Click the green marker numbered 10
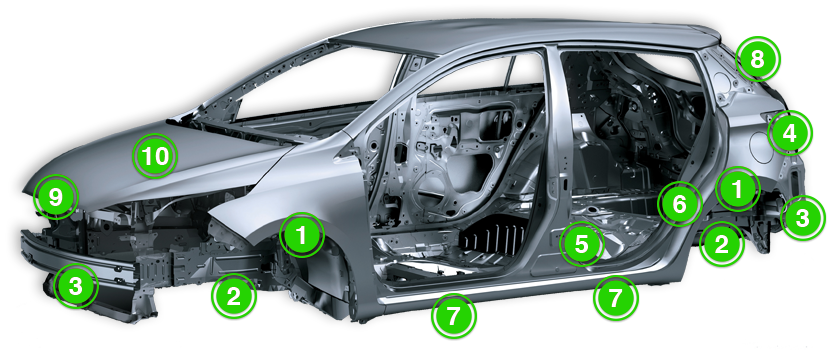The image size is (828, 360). point(155,156)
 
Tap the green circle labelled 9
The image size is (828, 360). point(55,198)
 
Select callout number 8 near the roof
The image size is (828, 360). point(757,59)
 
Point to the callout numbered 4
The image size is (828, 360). point(789,134)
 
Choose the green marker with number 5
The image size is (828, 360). point(581,244)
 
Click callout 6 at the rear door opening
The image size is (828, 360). point(680,204)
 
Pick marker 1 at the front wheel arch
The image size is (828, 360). point(302,235)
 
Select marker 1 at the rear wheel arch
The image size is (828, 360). point(738,189)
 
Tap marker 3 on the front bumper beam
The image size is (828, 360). point(76,286)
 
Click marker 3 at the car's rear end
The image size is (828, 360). point(803,217)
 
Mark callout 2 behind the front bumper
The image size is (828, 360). point(233,297)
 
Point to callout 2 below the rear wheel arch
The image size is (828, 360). point(721,243)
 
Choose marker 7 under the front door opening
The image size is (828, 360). point(454,316)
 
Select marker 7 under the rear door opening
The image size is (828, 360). point(616,298)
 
